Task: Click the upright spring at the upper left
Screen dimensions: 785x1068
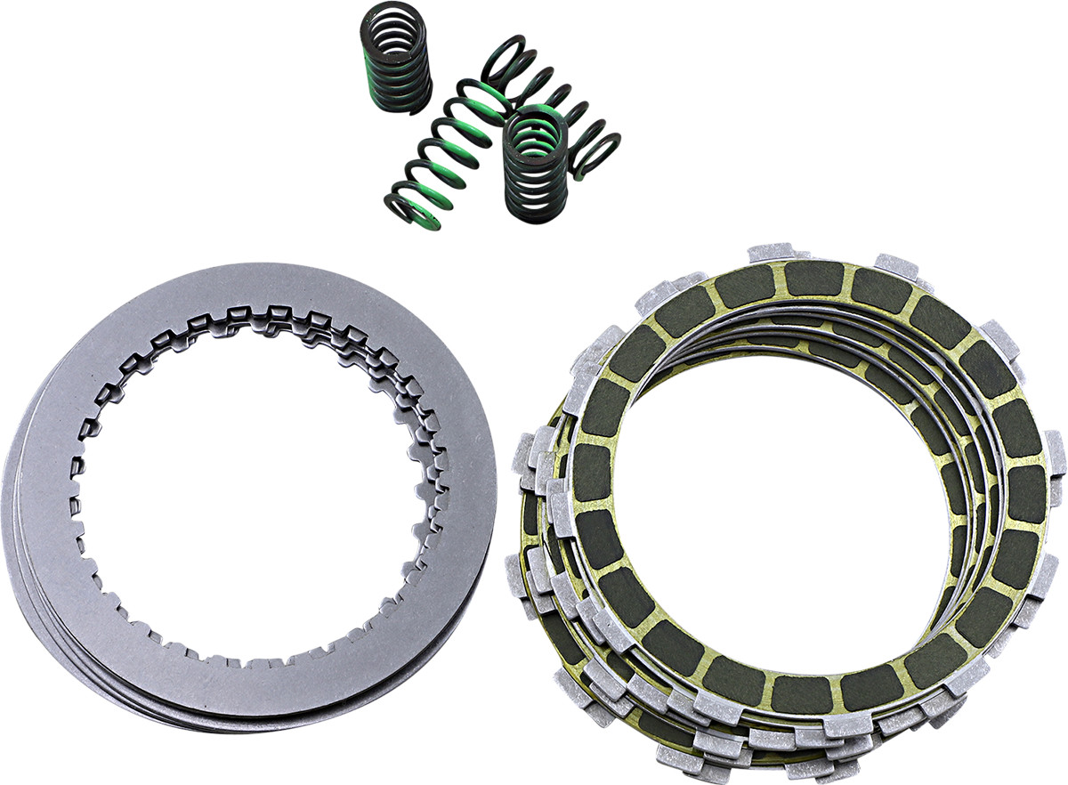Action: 397,67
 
